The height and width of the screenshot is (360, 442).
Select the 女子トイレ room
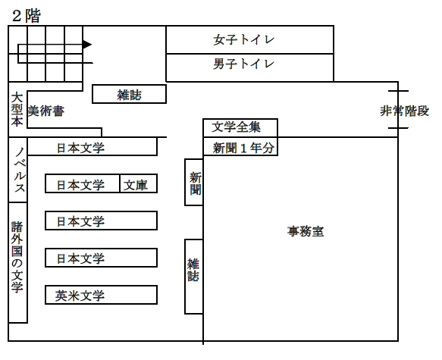(249, 39)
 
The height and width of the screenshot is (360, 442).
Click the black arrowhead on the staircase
(86, 45)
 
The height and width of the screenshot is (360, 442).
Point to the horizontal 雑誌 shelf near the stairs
(129, 95)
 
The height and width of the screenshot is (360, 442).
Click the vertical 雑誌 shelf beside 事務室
(193, 277)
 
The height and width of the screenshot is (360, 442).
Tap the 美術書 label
(46, 111)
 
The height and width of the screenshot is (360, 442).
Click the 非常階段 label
(404, 111)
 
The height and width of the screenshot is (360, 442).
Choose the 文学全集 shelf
(240, 127)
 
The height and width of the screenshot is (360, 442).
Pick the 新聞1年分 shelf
(240, 147)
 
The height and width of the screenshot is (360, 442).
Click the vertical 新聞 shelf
(193, 183)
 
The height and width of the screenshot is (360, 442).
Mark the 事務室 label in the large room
(306, 231)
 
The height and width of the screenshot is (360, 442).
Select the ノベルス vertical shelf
(18, 170)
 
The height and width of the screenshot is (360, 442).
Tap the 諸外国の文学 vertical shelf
(17, 261)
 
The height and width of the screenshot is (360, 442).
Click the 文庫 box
(139, 184)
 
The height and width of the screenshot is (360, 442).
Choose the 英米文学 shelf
(101, 295)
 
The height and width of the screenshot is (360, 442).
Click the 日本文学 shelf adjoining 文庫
(83, 184)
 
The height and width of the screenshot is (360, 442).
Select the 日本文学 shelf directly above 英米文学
(101, 258)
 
